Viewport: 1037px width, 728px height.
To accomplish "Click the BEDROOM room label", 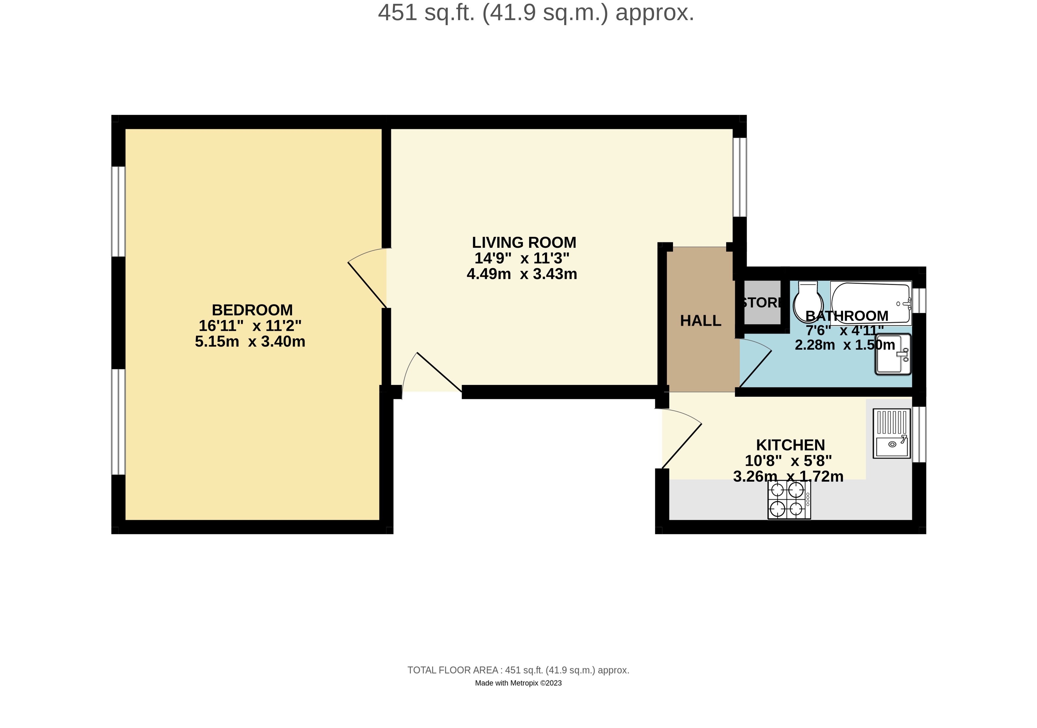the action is pos(252,310).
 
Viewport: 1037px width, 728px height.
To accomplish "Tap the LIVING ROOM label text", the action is pos(524,242).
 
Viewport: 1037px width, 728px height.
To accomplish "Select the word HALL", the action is pos(700,321).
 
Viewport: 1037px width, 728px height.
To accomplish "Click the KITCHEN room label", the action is pos(790,445).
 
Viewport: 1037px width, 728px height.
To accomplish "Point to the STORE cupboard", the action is pos(762,302).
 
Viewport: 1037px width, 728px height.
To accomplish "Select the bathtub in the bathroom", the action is pos(871,302).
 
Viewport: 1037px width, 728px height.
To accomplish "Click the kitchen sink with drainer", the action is pos(892,433).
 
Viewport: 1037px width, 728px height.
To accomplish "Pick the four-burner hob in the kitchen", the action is pos(789,499).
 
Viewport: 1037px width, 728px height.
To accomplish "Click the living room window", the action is pos(739,177).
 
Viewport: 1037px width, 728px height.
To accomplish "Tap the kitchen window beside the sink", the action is pos(919,434).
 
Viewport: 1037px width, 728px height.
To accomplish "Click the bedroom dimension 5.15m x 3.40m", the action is pos(250,342).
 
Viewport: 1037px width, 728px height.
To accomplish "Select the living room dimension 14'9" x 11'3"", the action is pos(522,258).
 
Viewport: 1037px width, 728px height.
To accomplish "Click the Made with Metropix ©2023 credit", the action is pos(518,683).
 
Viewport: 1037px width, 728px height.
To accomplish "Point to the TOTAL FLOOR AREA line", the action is pos(518,670).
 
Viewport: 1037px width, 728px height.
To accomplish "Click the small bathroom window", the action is pos(919,300).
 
